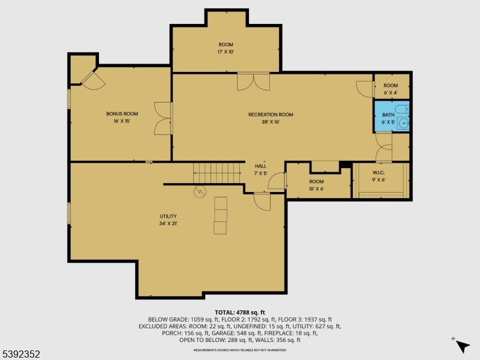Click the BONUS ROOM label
122,114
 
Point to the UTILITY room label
168,216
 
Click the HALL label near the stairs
260,166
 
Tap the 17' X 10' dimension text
226,52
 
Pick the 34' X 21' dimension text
168,223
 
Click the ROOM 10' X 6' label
316,185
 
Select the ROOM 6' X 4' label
391,89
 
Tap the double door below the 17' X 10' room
253,82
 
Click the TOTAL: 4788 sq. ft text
239,312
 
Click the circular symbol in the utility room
199,191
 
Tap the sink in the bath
404,124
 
